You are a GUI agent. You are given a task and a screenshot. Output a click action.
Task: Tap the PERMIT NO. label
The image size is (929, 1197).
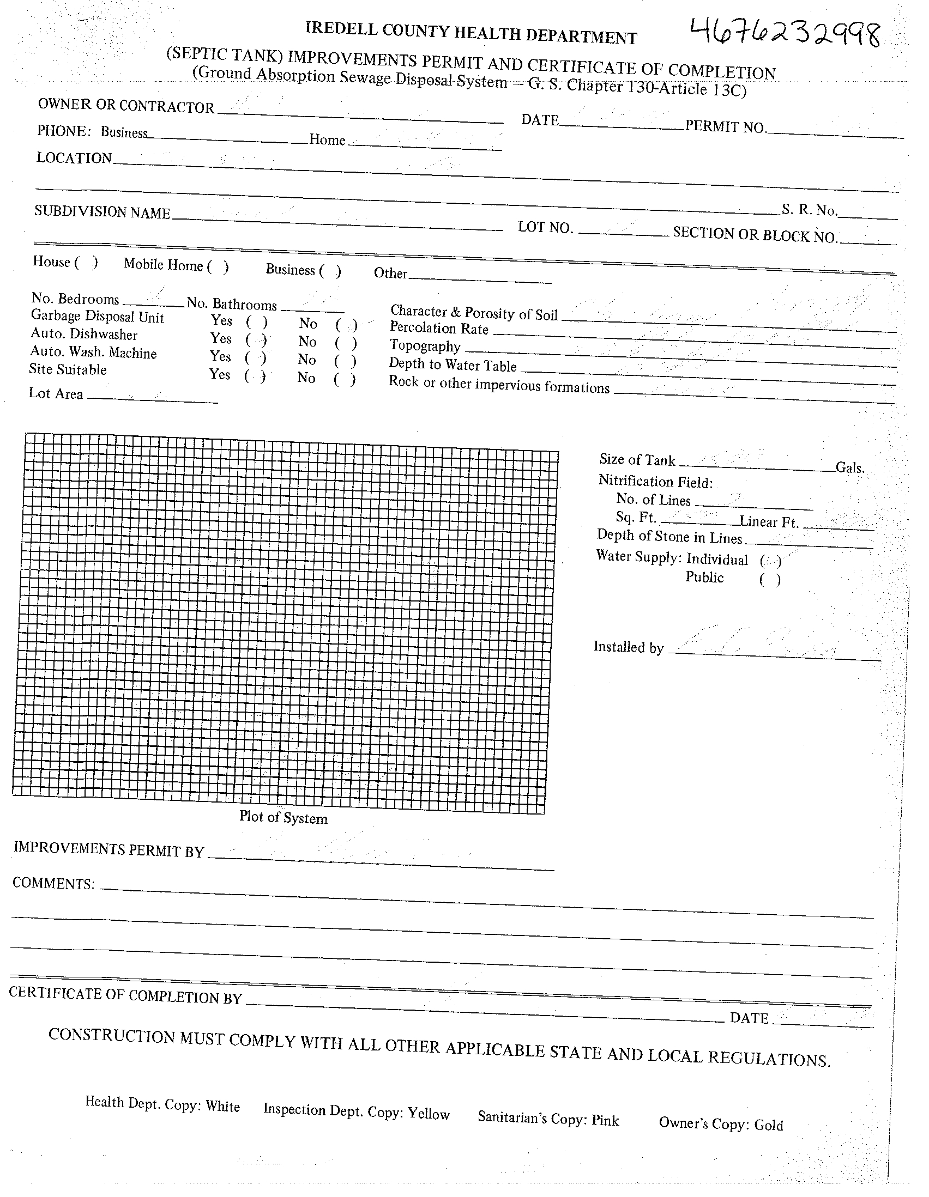(x=725, y=127)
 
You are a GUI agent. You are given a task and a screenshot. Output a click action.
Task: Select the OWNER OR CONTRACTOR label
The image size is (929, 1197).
(x=126, y=106)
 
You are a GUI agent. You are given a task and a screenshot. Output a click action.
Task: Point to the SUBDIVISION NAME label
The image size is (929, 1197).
(x=102, y=212)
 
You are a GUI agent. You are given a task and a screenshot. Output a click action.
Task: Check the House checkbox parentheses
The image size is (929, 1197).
(x=86, y=263)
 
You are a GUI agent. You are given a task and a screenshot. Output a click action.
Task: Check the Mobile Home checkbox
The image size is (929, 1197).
(x=218, y=267)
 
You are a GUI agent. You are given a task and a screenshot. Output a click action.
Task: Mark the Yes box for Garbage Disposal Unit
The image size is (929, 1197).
(x=257, y=321)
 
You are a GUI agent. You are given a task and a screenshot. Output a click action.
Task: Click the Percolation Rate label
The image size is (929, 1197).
(x=439, y=329)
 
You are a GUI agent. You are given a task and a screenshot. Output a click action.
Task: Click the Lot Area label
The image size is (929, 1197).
(x=56, y=393)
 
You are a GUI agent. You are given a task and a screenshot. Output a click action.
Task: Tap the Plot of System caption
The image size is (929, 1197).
(x=283, y=817)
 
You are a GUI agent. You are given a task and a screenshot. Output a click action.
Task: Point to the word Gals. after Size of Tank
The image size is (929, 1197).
(x=849, y=468)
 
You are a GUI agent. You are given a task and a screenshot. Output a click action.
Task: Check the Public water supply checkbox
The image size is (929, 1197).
(x=770, y=580)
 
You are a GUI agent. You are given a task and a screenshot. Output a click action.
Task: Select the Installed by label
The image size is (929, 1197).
(x=629, y=647)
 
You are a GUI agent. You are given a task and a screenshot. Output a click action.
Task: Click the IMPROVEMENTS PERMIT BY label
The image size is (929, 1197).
(x=108, y=849)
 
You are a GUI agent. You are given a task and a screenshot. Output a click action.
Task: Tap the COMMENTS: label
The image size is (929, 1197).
(x=53, y=883)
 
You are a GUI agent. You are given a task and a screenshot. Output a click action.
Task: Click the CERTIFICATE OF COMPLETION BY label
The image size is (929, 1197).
(x=125, y=995)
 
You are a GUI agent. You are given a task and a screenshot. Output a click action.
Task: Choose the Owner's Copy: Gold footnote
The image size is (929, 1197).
(x=721, y=1124)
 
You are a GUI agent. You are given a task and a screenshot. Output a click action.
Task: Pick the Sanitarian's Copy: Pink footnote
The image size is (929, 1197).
(x=548, y=1118)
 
